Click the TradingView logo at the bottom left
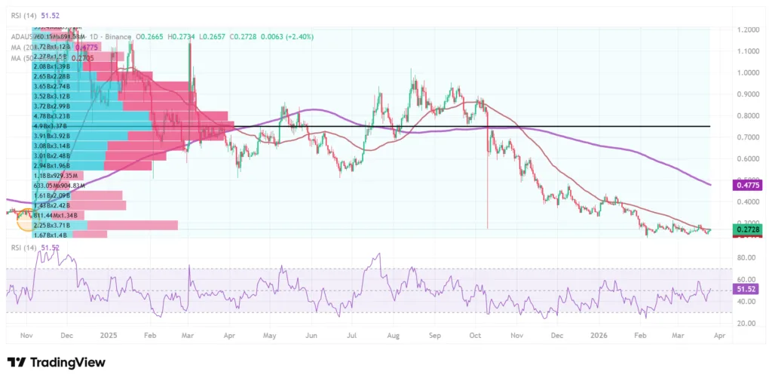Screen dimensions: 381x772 (x=56, y=363)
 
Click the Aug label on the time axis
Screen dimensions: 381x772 (x=392, y=335)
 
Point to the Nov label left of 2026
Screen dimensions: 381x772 (x=516, y=335)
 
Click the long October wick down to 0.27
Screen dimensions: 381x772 (x=488, y=181)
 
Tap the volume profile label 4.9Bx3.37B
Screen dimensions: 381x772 (x=58, y=127)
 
